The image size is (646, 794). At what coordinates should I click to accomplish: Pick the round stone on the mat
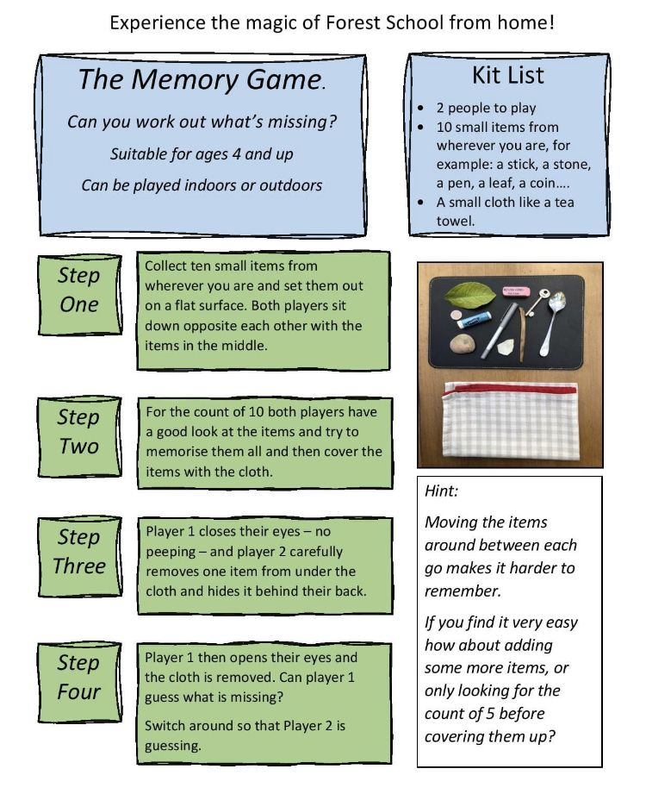pos(463,345)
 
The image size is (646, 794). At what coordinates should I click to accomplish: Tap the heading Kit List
pos(508,75)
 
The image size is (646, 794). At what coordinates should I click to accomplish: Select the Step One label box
pos(78,291)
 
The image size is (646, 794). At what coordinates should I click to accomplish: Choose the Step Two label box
pos(78,432)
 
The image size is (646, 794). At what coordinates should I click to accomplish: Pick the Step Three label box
pos(78,552)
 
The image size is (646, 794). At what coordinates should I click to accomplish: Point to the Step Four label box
pos(78,678)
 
